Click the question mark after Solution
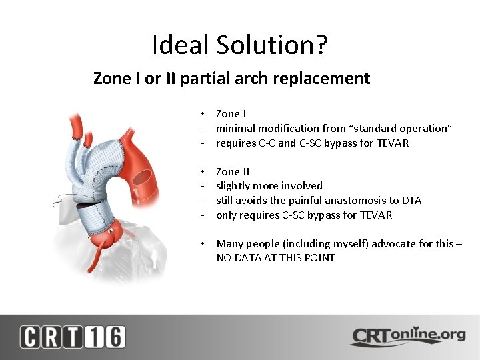321,45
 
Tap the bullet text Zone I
231,114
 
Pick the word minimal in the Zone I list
237,129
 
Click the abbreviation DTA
410,201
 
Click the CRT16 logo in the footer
72,337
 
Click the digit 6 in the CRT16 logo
114,337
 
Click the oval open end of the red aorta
142,177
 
